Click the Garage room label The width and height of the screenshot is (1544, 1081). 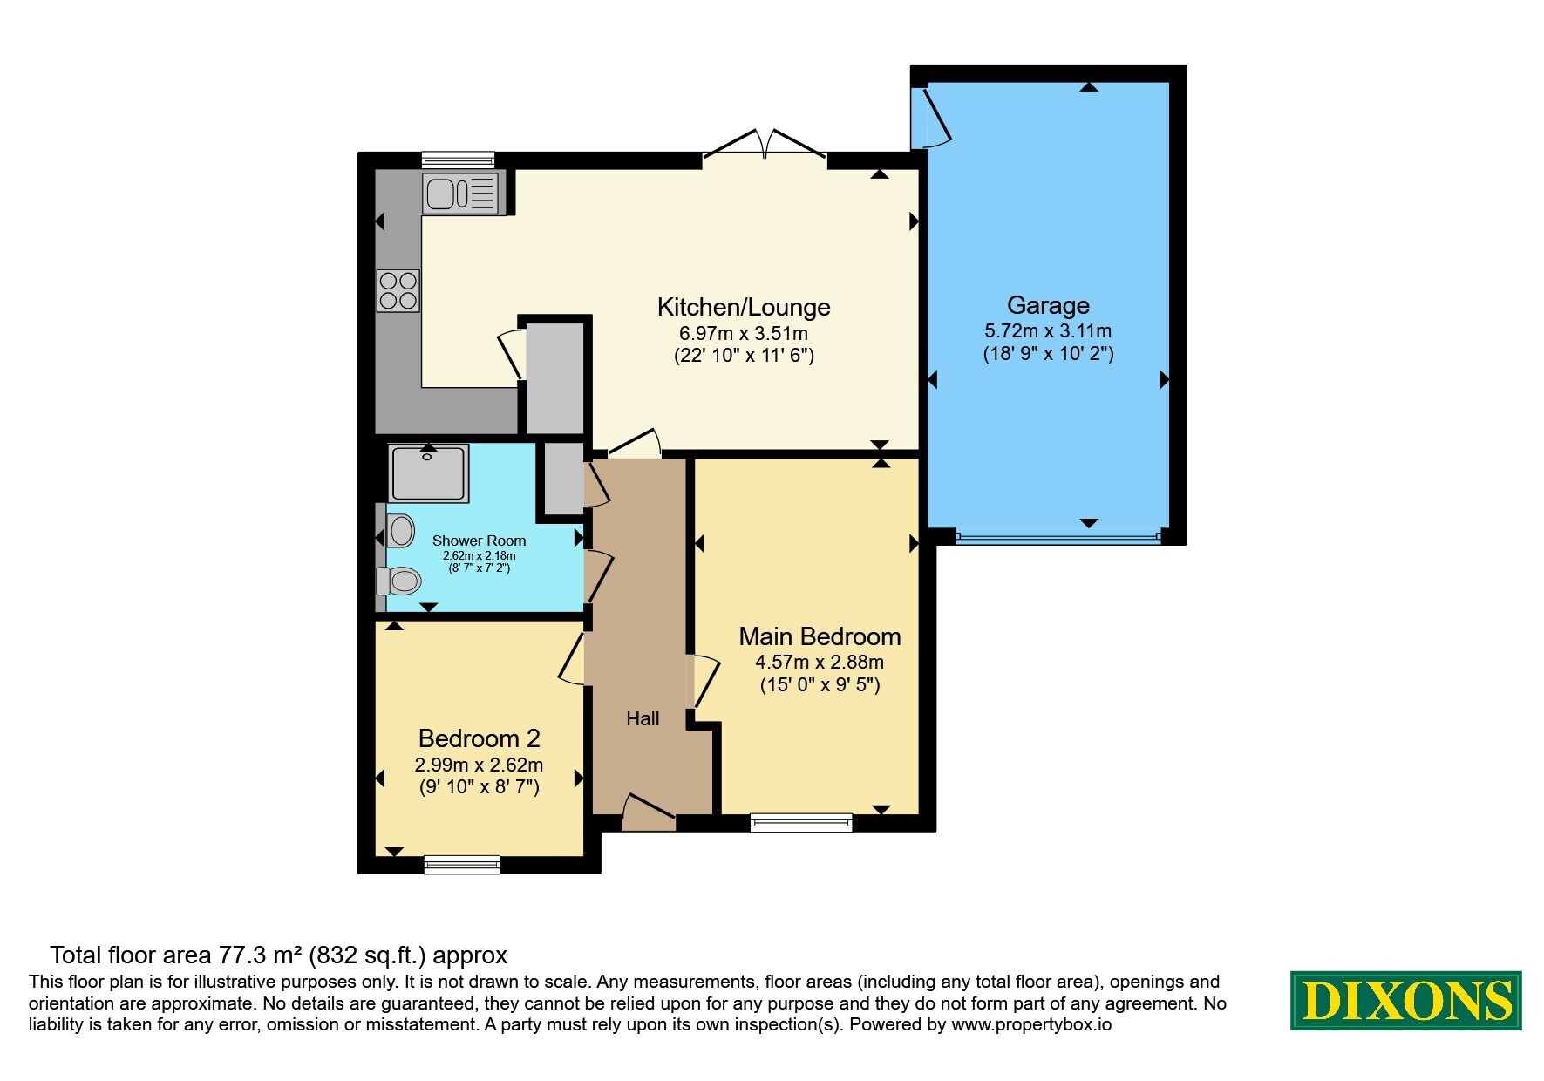[x=1048, y=305]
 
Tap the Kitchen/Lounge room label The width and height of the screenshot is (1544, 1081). [x=744, y=307]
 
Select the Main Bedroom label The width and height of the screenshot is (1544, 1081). [x=820, y=636]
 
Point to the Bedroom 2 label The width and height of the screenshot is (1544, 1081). [x=479, y=738]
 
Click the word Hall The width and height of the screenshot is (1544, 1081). [x=643, y=718]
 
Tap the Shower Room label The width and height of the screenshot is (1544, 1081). [x=479, y=540]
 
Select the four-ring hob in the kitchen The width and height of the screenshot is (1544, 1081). [x=398, y=291]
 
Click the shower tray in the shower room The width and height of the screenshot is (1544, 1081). [x=428, y=473]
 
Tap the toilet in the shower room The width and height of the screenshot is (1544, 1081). [x=398, y=580]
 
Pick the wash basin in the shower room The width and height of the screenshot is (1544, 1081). [x=400, y=530]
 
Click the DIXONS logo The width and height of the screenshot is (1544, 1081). [x=1405, y=1001]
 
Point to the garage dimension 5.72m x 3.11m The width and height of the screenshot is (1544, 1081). [x=1048, y=330]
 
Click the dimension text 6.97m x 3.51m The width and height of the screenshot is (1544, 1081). [x=744, y=333]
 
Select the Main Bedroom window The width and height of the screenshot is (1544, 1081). [x=801, y=822]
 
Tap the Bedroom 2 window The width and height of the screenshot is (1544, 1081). [x=462, y=865]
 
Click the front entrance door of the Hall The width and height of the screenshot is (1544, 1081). [x=649, y=812]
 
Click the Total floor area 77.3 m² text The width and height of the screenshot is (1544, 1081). [x=278, y=955]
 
